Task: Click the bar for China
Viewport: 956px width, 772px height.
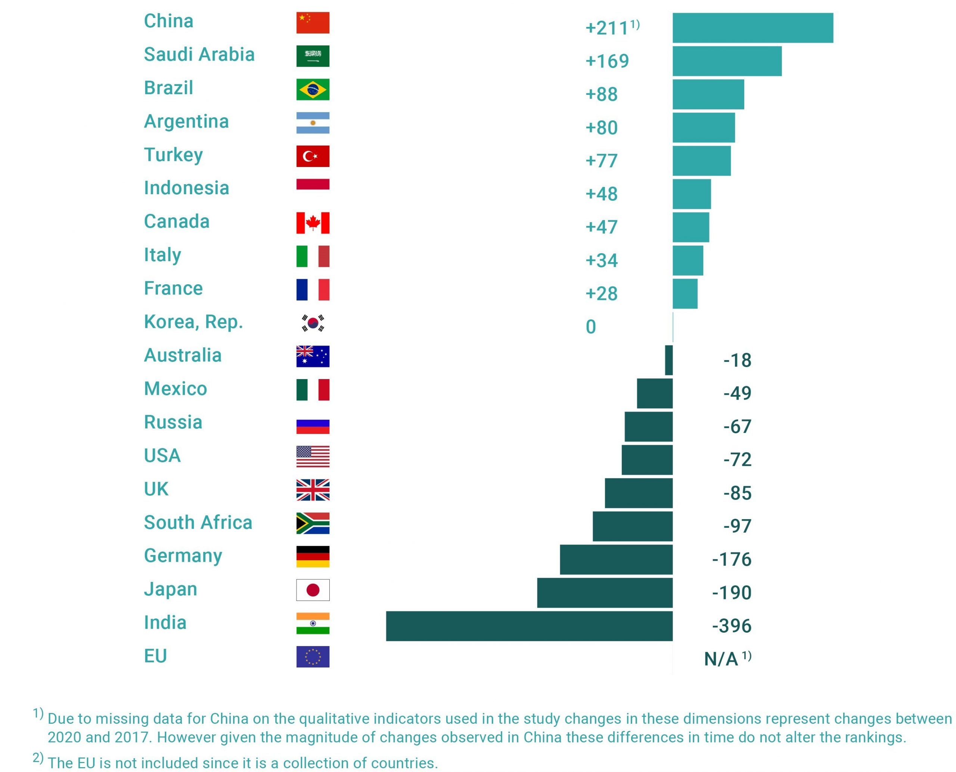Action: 752,28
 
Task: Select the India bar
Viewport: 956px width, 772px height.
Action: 529,626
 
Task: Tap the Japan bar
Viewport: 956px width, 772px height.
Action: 605,592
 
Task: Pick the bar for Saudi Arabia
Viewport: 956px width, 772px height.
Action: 727,61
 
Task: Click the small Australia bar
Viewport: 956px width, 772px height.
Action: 669,360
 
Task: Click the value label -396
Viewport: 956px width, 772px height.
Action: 732,626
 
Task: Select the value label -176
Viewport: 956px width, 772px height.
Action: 732,559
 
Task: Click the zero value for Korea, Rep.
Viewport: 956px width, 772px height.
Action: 591,327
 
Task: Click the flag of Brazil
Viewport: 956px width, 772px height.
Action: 313,89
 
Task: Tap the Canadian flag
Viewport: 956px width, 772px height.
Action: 313,223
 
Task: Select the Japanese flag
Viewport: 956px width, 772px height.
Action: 313,590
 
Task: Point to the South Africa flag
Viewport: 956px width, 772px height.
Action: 313,523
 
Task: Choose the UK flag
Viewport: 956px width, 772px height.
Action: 313,490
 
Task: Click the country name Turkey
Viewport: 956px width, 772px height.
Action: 173,155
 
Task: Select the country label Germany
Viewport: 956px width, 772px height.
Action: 183,556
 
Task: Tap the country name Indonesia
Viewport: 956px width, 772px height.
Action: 186,188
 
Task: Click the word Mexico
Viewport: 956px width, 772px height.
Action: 176,389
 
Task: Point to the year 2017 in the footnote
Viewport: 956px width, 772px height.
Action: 133,737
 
